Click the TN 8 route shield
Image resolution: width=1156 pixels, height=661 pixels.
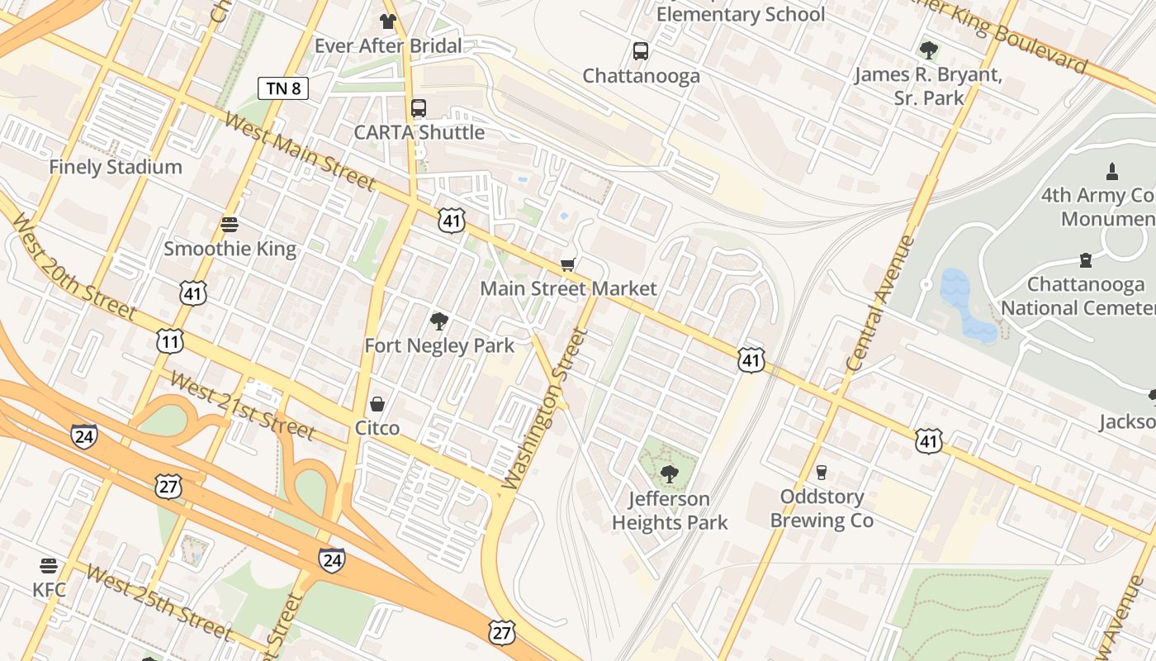click(x=283, y=88)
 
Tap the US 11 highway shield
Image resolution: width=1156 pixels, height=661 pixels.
click(x=170, y=340)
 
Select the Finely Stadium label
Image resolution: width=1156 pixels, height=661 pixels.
click(x=116, y=167)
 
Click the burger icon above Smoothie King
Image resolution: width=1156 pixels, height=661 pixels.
click(x=229, y=225)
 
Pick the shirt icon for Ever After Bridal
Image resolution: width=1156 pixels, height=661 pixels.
click(x=387, y=21)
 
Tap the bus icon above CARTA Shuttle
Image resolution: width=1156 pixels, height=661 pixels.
click(x=419, y=108)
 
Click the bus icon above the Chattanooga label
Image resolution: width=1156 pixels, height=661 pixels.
click(x=641, y=51)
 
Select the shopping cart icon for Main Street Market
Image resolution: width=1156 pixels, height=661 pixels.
click(x=567, y=264)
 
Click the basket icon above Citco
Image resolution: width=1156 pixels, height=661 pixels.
click(x=377, y=404)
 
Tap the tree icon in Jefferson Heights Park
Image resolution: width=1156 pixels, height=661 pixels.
click(x=669, y=474)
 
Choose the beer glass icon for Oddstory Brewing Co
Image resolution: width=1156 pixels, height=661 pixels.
click(x=821, y=473)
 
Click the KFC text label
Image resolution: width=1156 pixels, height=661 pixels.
click(x=49, y=590)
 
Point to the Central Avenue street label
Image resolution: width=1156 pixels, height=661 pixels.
click(x=881, y=303)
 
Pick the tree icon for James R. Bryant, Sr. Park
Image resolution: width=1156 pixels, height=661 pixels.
click(x=929, y=50)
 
